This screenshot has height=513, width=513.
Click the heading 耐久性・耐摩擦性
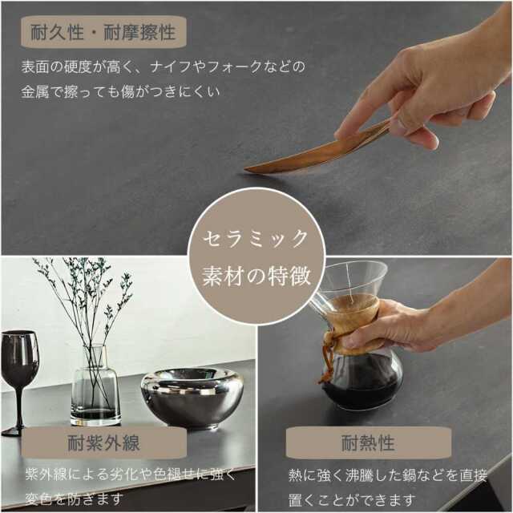tap(102, 33)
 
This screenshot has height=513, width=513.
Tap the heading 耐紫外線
tap(103, 442)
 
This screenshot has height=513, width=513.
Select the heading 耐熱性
tap(368, 442)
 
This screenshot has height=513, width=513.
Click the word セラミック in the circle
tap(256, 238)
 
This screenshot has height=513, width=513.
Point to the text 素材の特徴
tap(256, 277)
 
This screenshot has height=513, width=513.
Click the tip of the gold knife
tap(248, 170)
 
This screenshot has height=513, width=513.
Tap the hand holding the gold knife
tap(425, 88)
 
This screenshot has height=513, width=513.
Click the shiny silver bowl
tap(192, 397)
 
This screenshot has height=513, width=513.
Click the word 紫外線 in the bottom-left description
tap(39, 475)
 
